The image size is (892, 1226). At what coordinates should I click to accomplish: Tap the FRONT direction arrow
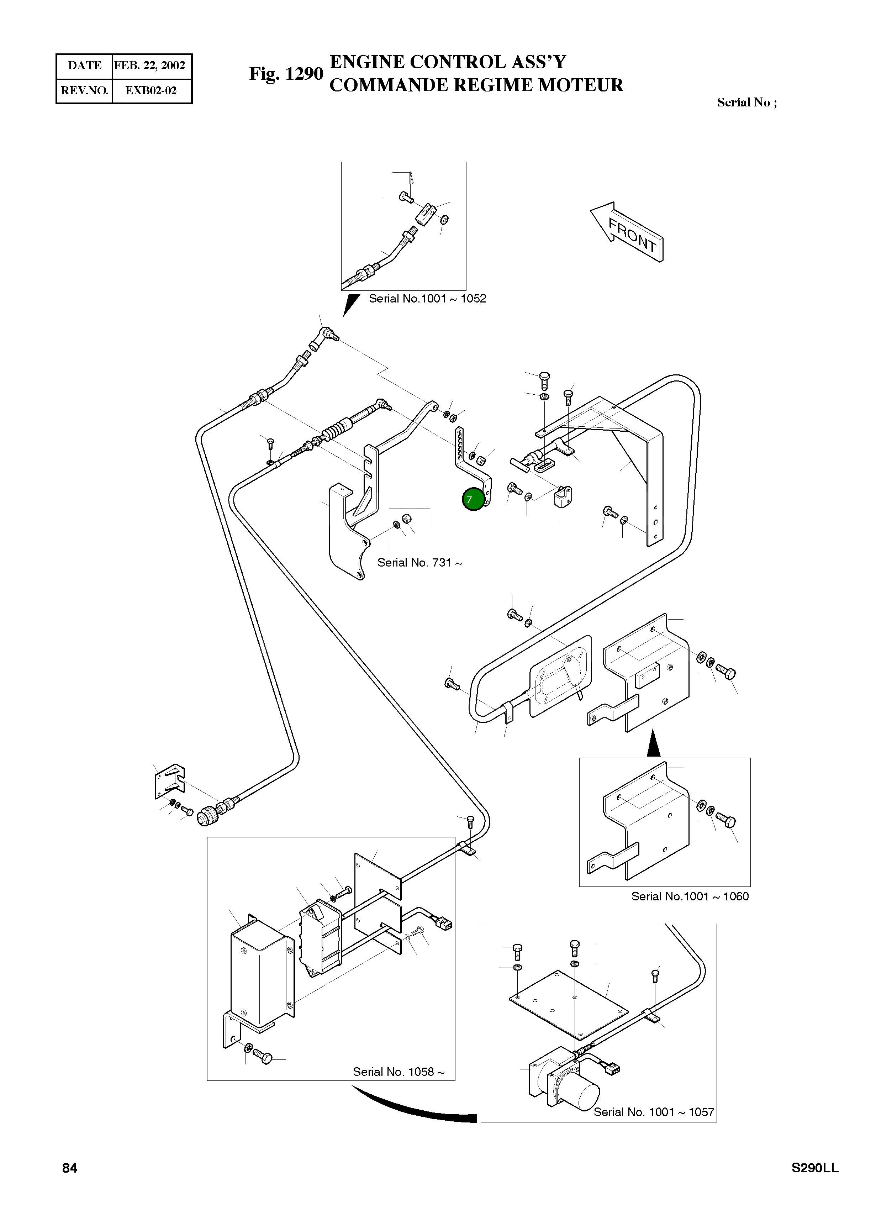[x=629, y=232]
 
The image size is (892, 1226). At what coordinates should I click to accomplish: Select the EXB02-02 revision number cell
[x=151, y=90]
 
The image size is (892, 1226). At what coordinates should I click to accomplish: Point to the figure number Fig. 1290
[x=286, y=74]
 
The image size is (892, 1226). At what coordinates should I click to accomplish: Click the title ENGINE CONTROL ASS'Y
[x=448, y=62]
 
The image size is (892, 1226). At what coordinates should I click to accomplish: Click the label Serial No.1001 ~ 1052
[x=427, y=298]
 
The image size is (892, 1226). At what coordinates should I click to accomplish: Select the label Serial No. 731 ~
[x=419, y=562]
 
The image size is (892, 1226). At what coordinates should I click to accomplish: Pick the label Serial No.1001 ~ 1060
[x=690, y=896]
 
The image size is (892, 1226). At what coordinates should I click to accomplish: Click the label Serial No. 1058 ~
[x=399, y=1072]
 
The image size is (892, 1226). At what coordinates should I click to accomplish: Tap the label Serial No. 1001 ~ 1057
[x=654, y=1112]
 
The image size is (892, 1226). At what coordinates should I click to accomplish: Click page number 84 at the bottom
[x=70, y=1168]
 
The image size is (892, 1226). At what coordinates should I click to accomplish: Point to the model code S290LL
[x=815, y=1168]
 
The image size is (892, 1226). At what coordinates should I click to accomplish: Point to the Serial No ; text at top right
[x=746, y=102]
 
